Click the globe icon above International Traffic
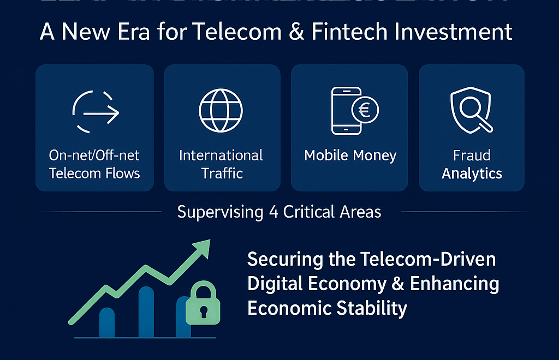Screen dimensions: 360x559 pos(221,109)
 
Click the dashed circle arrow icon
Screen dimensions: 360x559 pos(96,111)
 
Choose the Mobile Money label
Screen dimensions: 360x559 pos(350,155)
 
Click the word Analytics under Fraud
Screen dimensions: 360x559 pos(472,173)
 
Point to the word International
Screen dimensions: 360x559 pos(221,155)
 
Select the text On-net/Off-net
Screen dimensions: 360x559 pos(94,155)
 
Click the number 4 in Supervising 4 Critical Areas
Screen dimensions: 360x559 pos(273,212)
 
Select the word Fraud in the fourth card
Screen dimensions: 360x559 pos(472,155)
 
